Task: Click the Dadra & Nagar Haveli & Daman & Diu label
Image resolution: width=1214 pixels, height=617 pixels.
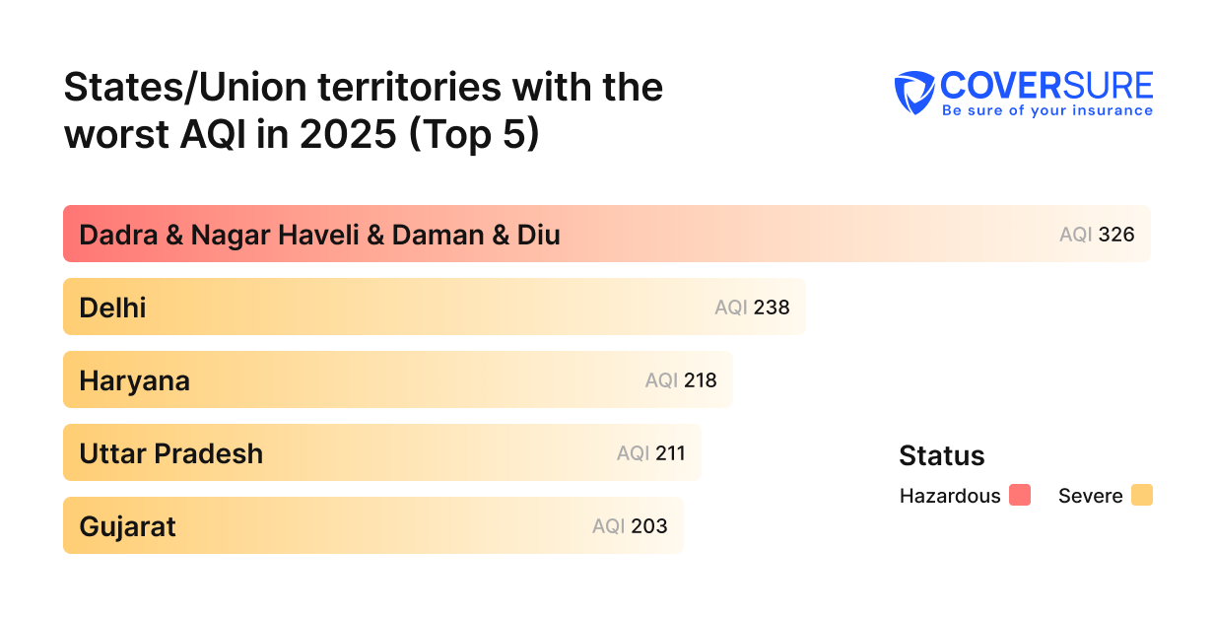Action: tap(319, 236)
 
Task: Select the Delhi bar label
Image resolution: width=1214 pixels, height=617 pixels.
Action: tap(112, 308)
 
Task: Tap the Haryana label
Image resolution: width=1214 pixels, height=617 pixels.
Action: tap(134, 381)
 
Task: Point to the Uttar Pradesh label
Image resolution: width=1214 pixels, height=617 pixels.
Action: tap(170, 453)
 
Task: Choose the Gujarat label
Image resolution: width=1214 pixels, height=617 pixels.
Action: tap(127, 526)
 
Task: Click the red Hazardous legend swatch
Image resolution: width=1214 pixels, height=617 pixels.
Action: tap(1020, 495)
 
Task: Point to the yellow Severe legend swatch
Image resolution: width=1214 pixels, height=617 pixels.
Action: tap(1142, 495)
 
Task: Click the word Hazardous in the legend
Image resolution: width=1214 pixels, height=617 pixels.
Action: tap(950, 496)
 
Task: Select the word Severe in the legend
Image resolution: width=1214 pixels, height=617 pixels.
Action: tap(1090, 496)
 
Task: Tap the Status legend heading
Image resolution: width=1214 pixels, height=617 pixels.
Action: tap(941, 455)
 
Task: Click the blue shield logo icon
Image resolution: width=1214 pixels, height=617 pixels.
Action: tap(914, 93)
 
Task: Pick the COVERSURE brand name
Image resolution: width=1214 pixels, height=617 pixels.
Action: tap(1046, 85)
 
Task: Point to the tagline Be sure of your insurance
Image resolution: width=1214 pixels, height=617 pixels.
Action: tap(1046, 110)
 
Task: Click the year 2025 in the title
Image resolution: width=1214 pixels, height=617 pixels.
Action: tap(345, 134)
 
